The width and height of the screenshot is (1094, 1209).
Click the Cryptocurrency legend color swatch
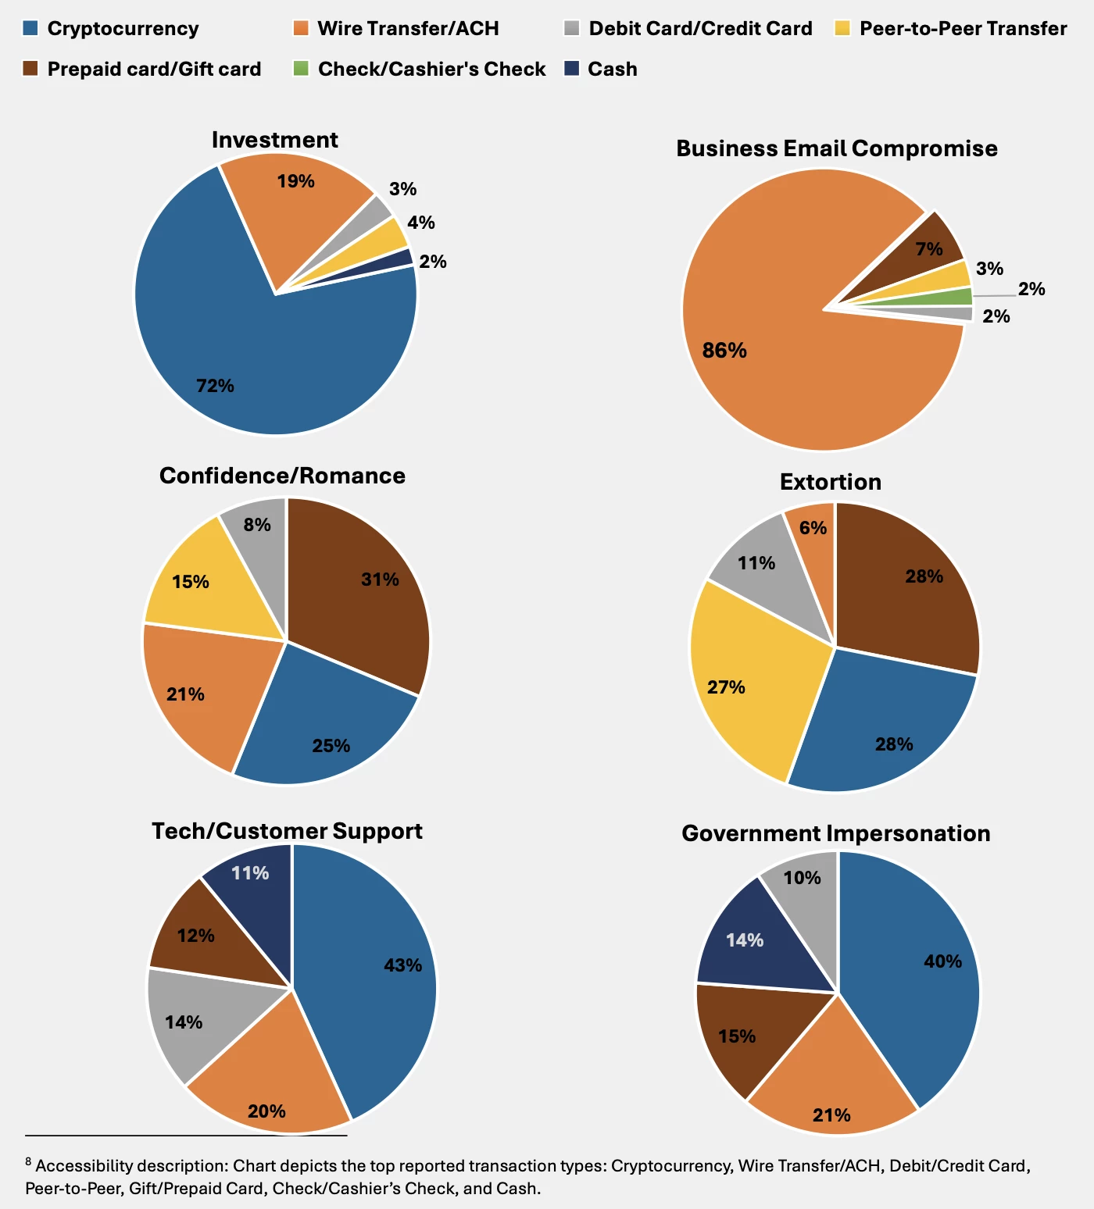point(30,28)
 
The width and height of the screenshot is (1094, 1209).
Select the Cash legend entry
point(612,69)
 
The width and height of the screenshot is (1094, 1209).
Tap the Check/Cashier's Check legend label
point(431,69)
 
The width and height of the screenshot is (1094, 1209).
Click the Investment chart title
point(274,140)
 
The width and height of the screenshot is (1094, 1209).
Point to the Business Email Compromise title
point(836,148)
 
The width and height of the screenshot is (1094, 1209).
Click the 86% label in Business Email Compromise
point(724,350)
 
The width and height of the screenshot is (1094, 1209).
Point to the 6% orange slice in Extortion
point(813,531)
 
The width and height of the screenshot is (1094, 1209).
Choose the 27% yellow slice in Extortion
point(735,679)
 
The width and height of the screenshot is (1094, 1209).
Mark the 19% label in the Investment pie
point(295,181)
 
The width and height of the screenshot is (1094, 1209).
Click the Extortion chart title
point(830,482)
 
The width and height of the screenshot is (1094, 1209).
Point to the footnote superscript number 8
point(28,1161)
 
